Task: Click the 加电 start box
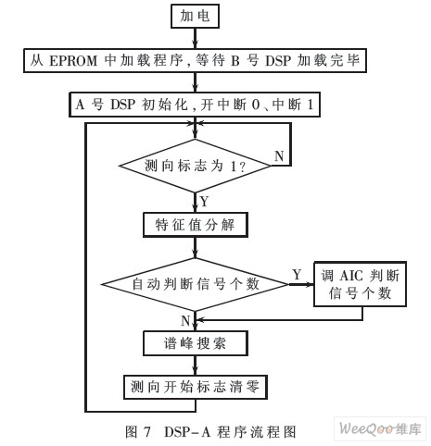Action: [x=195, y=16]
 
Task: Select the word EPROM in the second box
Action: [x=73, y=60]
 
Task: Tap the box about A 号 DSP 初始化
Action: [x=195, y=105]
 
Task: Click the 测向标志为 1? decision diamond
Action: [x=195, y=166]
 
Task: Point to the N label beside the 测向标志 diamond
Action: [x=279, y=156]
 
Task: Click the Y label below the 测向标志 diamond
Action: [x=204, y=202]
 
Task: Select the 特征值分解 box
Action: [x=196, y=225]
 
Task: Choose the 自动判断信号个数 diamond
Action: [x=195, y=284]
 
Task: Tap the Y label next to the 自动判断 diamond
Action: [x=297, y=274]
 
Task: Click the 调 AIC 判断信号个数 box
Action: [x=360, y=284]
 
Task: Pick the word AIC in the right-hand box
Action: [x=351, y=276]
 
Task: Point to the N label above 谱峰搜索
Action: [x=185, y=321]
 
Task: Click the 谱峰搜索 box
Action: [x=196, y=343]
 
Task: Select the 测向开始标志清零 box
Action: [x=196, y=387]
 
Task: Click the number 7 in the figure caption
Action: [x=146, y=432]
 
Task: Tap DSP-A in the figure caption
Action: [x=187, y=432]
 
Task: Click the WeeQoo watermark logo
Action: [x=380, y=428]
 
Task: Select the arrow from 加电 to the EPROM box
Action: [x=195, y=38]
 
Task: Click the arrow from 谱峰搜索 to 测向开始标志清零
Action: [x=195, y=365]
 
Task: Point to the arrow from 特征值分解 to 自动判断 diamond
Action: [x=195, y=247]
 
